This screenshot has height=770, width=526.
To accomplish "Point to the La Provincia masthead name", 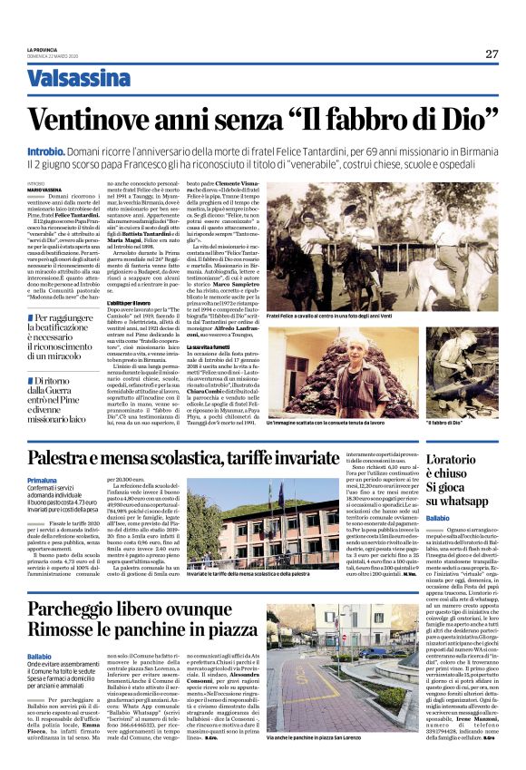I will click(x=43, y=49).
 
